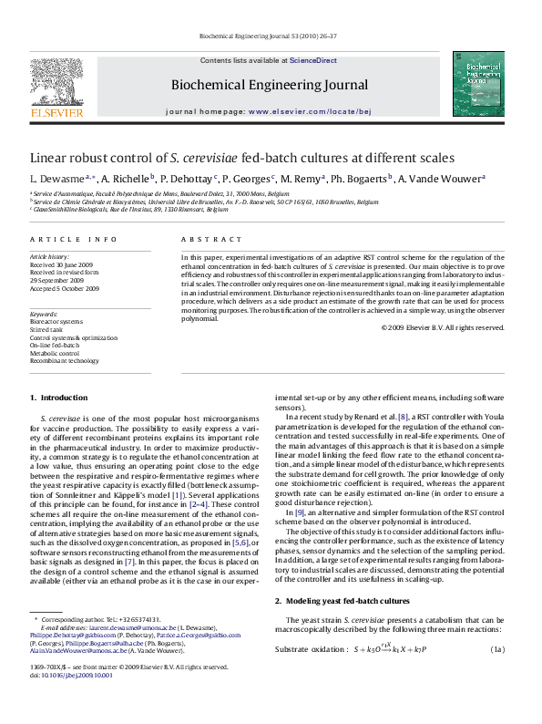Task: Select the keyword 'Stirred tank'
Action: tap(48, 330)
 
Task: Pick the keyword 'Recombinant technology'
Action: tap(65, 360)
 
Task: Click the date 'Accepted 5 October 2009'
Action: tap(65, 288)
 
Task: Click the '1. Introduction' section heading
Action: tap(58, 398)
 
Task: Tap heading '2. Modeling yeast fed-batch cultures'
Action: tap(342, 602)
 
